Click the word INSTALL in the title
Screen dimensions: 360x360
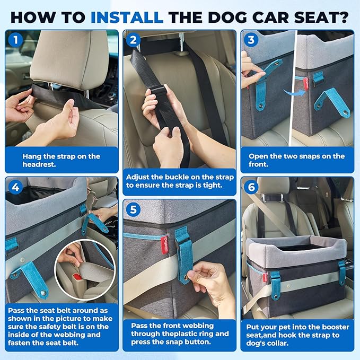[127, 17]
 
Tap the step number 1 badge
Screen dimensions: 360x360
[15, 40]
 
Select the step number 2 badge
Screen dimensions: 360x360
[133, 40]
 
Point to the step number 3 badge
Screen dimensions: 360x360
[251, 40]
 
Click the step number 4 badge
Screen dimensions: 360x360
[15, 187]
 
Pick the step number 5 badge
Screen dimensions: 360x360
[133, 209]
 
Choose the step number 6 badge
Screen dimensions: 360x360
[251, 187]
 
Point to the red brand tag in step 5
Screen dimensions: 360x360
[164, 244]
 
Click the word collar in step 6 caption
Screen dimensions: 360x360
[277, 344]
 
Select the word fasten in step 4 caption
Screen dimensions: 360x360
[19, 343]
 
